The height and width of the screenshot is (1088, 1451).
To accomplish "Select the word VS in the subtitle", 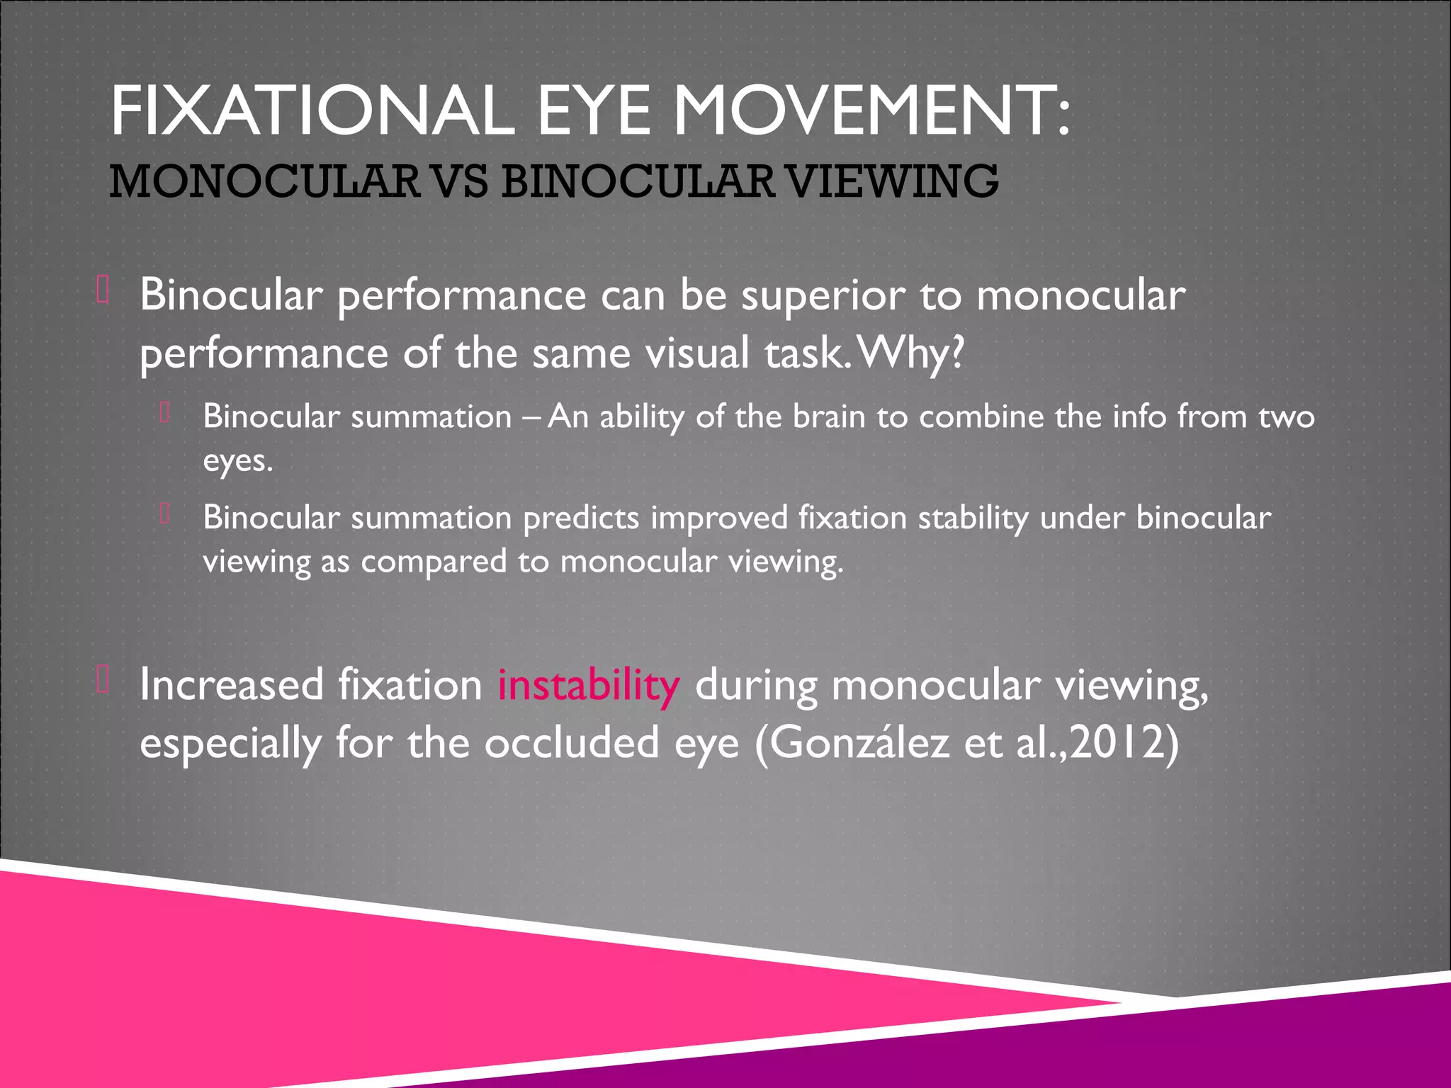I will tap(460, 181).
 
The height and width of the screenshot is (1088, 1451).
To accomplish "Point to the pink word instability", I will tap(588, 686).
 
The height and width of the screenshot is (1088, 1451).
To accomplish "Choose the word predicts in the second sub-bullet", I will tap(581, 518).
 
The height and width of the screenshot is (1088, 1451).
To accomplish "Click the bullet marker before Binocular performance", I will tap(102, 291).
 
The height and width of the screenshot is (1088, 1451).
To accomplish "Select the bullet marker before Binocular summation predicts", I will tap(165, 514).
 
